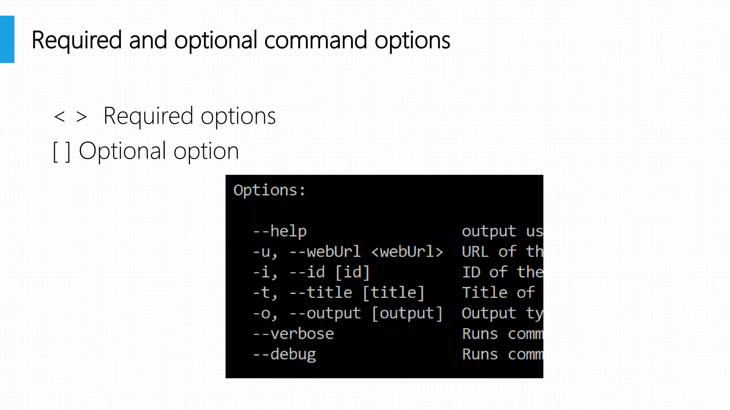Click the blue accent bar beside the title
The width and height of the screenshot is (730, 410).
[x=7, y=39]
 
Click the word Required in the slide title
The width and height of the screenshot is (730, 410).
[x=77, y=40]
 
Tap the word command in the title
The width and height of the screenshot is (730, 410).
[x=315, y=40]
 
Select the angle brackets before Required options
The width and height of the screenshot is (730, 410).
[x=70, y=116]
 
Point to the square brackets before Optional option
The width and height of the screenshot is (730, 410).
[x=61, y=152]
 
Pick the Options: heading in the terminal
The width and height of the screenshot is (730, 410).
[x=269, y=190]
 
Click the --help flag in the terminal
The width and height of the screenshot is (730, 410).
[x=280, y=231]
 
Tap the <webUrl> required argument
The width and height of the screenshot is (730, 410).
[x=407, y=252]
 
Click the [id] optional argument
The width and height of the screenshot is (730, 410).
[x=353, y=272]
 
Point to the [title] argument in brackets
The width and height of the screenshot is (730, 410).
[x=394, y=293]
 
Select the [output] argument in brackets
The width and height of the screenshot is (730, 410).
[x=407, y=314]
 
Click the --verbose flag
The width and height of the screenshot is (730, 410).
[x=293, y=334]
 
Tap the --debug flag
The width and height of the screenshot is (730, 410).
[x=284, y=354]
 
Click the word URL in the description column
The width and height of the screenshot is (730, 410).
[x=475, y=252]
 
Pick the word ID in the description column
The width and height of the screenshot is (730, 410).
[x=471, y=272]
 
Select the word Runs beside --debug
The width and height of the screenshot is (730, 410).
[x=480, y=354]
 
